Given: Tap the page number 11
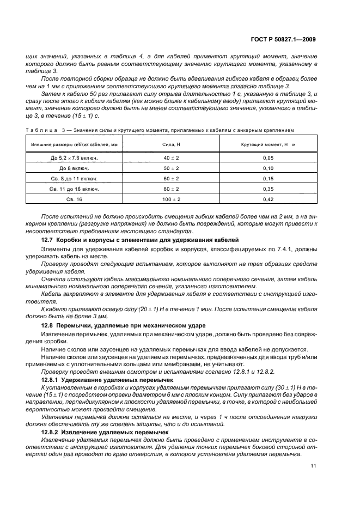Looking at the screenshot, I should click(x=313, y=465).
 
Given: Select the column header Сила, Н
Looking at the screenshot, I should click(x=171, y=144).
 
